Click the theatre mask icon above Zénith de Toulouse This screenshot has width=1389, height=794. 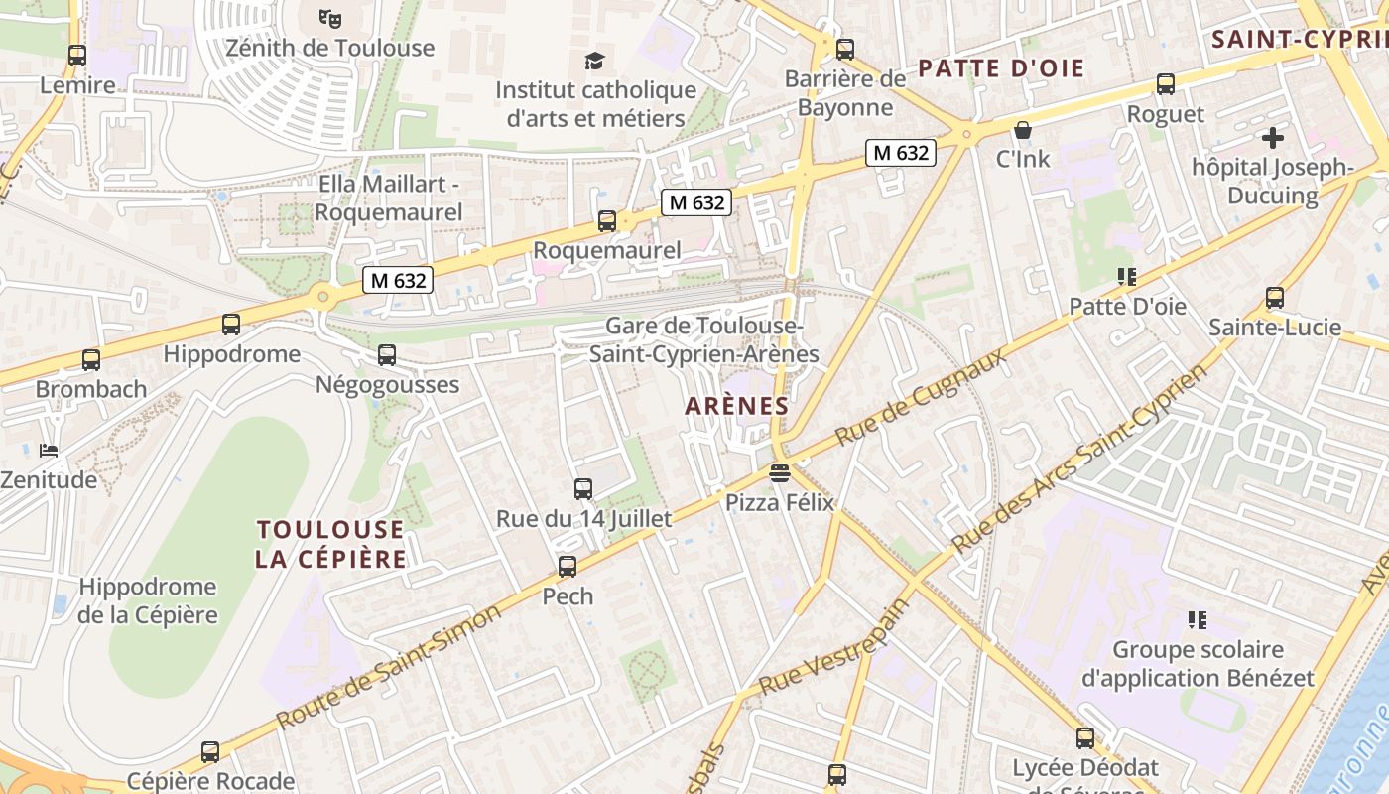coord(330,17)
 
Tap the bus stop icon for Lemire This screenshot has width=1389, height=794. coord(76,56)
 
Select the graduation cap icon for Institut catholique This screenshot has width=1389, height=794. coord(594,61)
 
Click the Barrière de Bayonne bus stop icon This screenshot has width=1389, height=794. coord(845,49)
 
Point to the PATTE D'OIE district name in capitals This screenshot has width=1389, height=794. coord(1001,68)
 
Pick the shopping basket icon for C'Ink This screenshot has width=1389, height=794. coord(1023,130)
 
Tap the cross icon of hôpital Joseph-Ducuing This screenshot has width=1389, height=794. coord(1273,138)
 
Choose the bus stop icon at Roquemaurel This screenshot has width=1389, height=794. coord(606,221)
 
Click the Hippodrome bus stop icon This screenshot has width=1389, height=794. coord(231,325)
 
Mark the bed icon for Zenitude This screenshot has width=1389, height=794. coord(49,451)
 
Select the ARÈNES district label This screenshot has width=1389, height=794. coord(737,406)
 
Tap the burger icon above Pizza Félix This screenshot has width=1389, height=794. coord(780,472)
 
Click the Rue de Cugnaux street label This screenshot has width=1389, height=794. coord(920,396)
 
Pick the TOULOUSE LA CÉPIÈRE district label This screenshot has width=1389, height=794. coord(330,544)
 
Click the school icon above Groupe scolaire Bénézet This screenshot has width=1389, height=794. coord(1198,620)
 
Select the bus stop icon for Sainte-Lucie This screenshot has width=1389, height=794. coord(1275,298)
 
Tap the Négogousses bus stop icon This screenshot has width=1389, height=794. coord(387,355)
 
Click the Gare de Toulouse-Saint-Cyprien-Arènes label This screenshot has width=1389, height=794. coord(704,339)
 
